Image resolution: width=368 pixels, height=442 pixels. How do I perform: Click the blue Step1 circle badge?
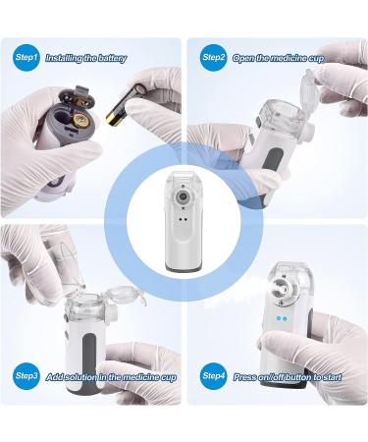tap(26, 58)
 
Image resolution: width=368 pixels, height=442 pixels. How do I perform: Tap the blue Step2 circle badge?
tap(213, 58)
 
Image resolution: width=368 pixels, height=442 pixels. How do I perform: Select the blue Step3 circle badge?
tap(26, 376)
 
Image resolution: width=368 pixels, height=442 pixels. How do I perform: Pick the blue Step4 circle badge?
tap(213, 376)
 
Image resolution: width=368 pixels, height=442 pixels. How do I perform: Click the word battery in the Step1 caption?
tap(110, 59)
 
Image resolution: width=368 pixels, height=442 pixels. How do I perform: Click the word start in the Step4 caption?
tap(333, 377)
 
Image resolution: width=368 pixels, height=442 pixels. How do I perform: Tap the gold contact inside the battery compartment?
tap(79, 121)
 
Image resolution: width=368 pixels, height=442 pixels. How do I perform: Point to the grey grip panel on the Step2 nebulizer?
tap(275, 160)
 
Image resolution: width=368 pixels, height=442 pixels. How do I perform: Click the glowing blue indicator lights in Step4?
tap(282, 318)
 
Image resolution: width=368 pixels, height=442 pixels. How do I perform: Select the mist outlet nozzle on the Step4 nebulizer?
tap(282, 289)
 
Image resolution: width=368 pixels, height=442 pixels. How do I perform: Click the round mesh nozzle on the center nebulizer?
tap(182, 196)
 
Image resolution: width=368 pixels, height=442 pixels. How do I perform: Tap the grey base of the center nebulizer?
tap(184, 268)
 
